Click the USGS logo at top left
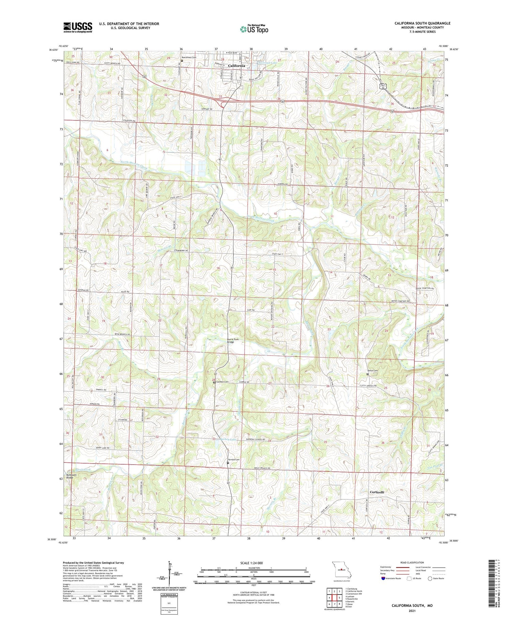pos(78,27)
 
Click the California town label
pos(236,65)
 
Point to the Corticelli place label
pos(377,492)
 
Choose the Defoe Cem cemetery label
pos(373,371)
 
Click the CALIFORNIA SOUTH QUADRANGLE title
pos(422,23)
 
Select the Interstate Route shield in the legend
pos(383,578)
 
